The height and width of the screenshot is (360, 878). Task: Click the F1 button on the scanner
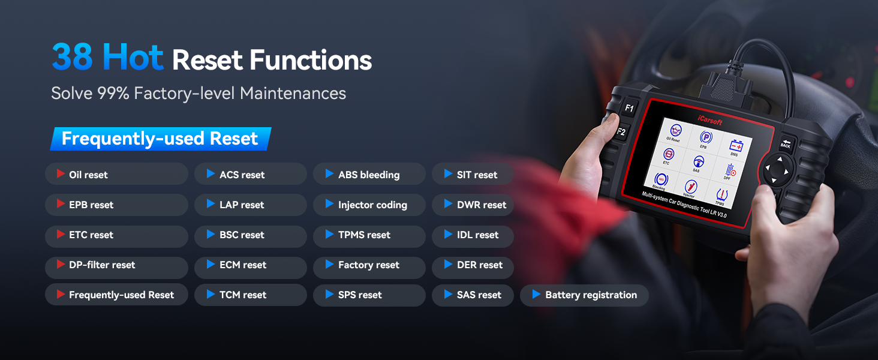[x=629, y=108]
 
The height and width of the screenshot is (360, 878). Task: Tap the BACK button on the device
[x=786, y=145]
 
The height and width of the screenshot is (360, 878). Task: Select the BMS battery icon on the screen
[x=736, y=147]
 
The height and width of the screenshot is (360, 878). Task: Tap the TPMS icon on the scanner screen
[x=721, y=196]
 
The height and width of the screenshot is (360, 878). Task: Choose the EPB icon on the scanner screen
[x=705, y=138]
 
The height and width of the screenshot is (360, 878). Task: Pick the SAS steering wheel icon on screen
[x=698, y=163]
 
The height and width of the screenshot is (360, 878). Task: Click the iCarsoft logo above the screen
[x=710, y=119]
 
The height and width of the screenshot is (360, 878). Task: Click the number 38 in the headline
[x=72, y=56]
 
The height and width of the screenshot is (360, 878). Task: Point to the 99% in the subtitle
[x=113, y=94]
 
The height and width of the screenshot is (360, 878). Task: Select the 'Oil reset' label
[x=88, y=175]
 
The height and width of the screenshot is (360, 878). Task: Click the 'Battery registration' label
[x=591, y=295]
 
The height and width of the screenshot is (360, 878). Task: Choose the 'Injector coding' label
[x=373, y=205]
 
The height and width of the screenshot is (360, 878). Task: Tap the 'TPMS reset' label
[x=364, y=235]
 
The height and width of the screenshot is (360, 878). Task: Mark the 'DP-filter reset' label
[x=102, y=265]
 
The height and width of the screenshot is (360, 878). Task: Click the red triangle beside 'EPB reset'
[x=61, y=203]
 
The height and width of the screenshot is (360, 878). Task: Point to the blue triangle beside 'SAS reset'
[x=448, y=294]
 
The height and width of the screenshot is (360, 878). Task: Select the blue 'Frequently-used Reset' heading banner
[x=161, y=139]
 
